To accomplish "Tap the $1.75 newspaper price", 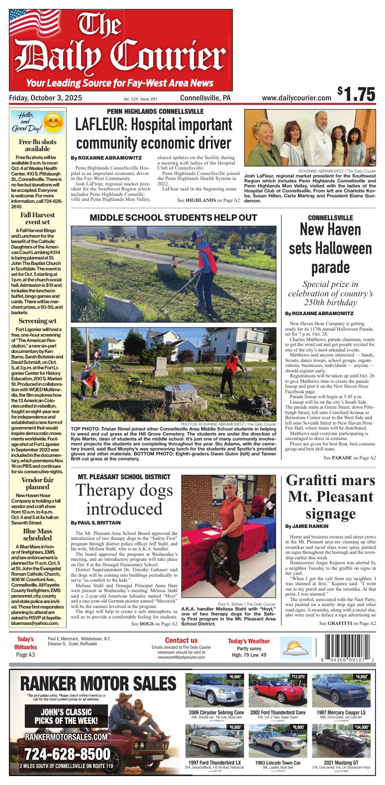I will [356, 94].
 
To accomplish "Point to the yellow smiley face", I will [51, 122].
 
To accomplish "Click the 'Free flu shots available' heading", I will [37, 145].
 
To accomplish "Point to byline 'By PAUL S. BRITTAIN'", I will [96, 523].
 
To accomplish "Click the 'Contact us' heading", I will [181, 640].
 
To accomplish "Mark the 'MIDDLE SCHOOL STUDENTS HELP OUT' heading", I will [173, 218].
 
